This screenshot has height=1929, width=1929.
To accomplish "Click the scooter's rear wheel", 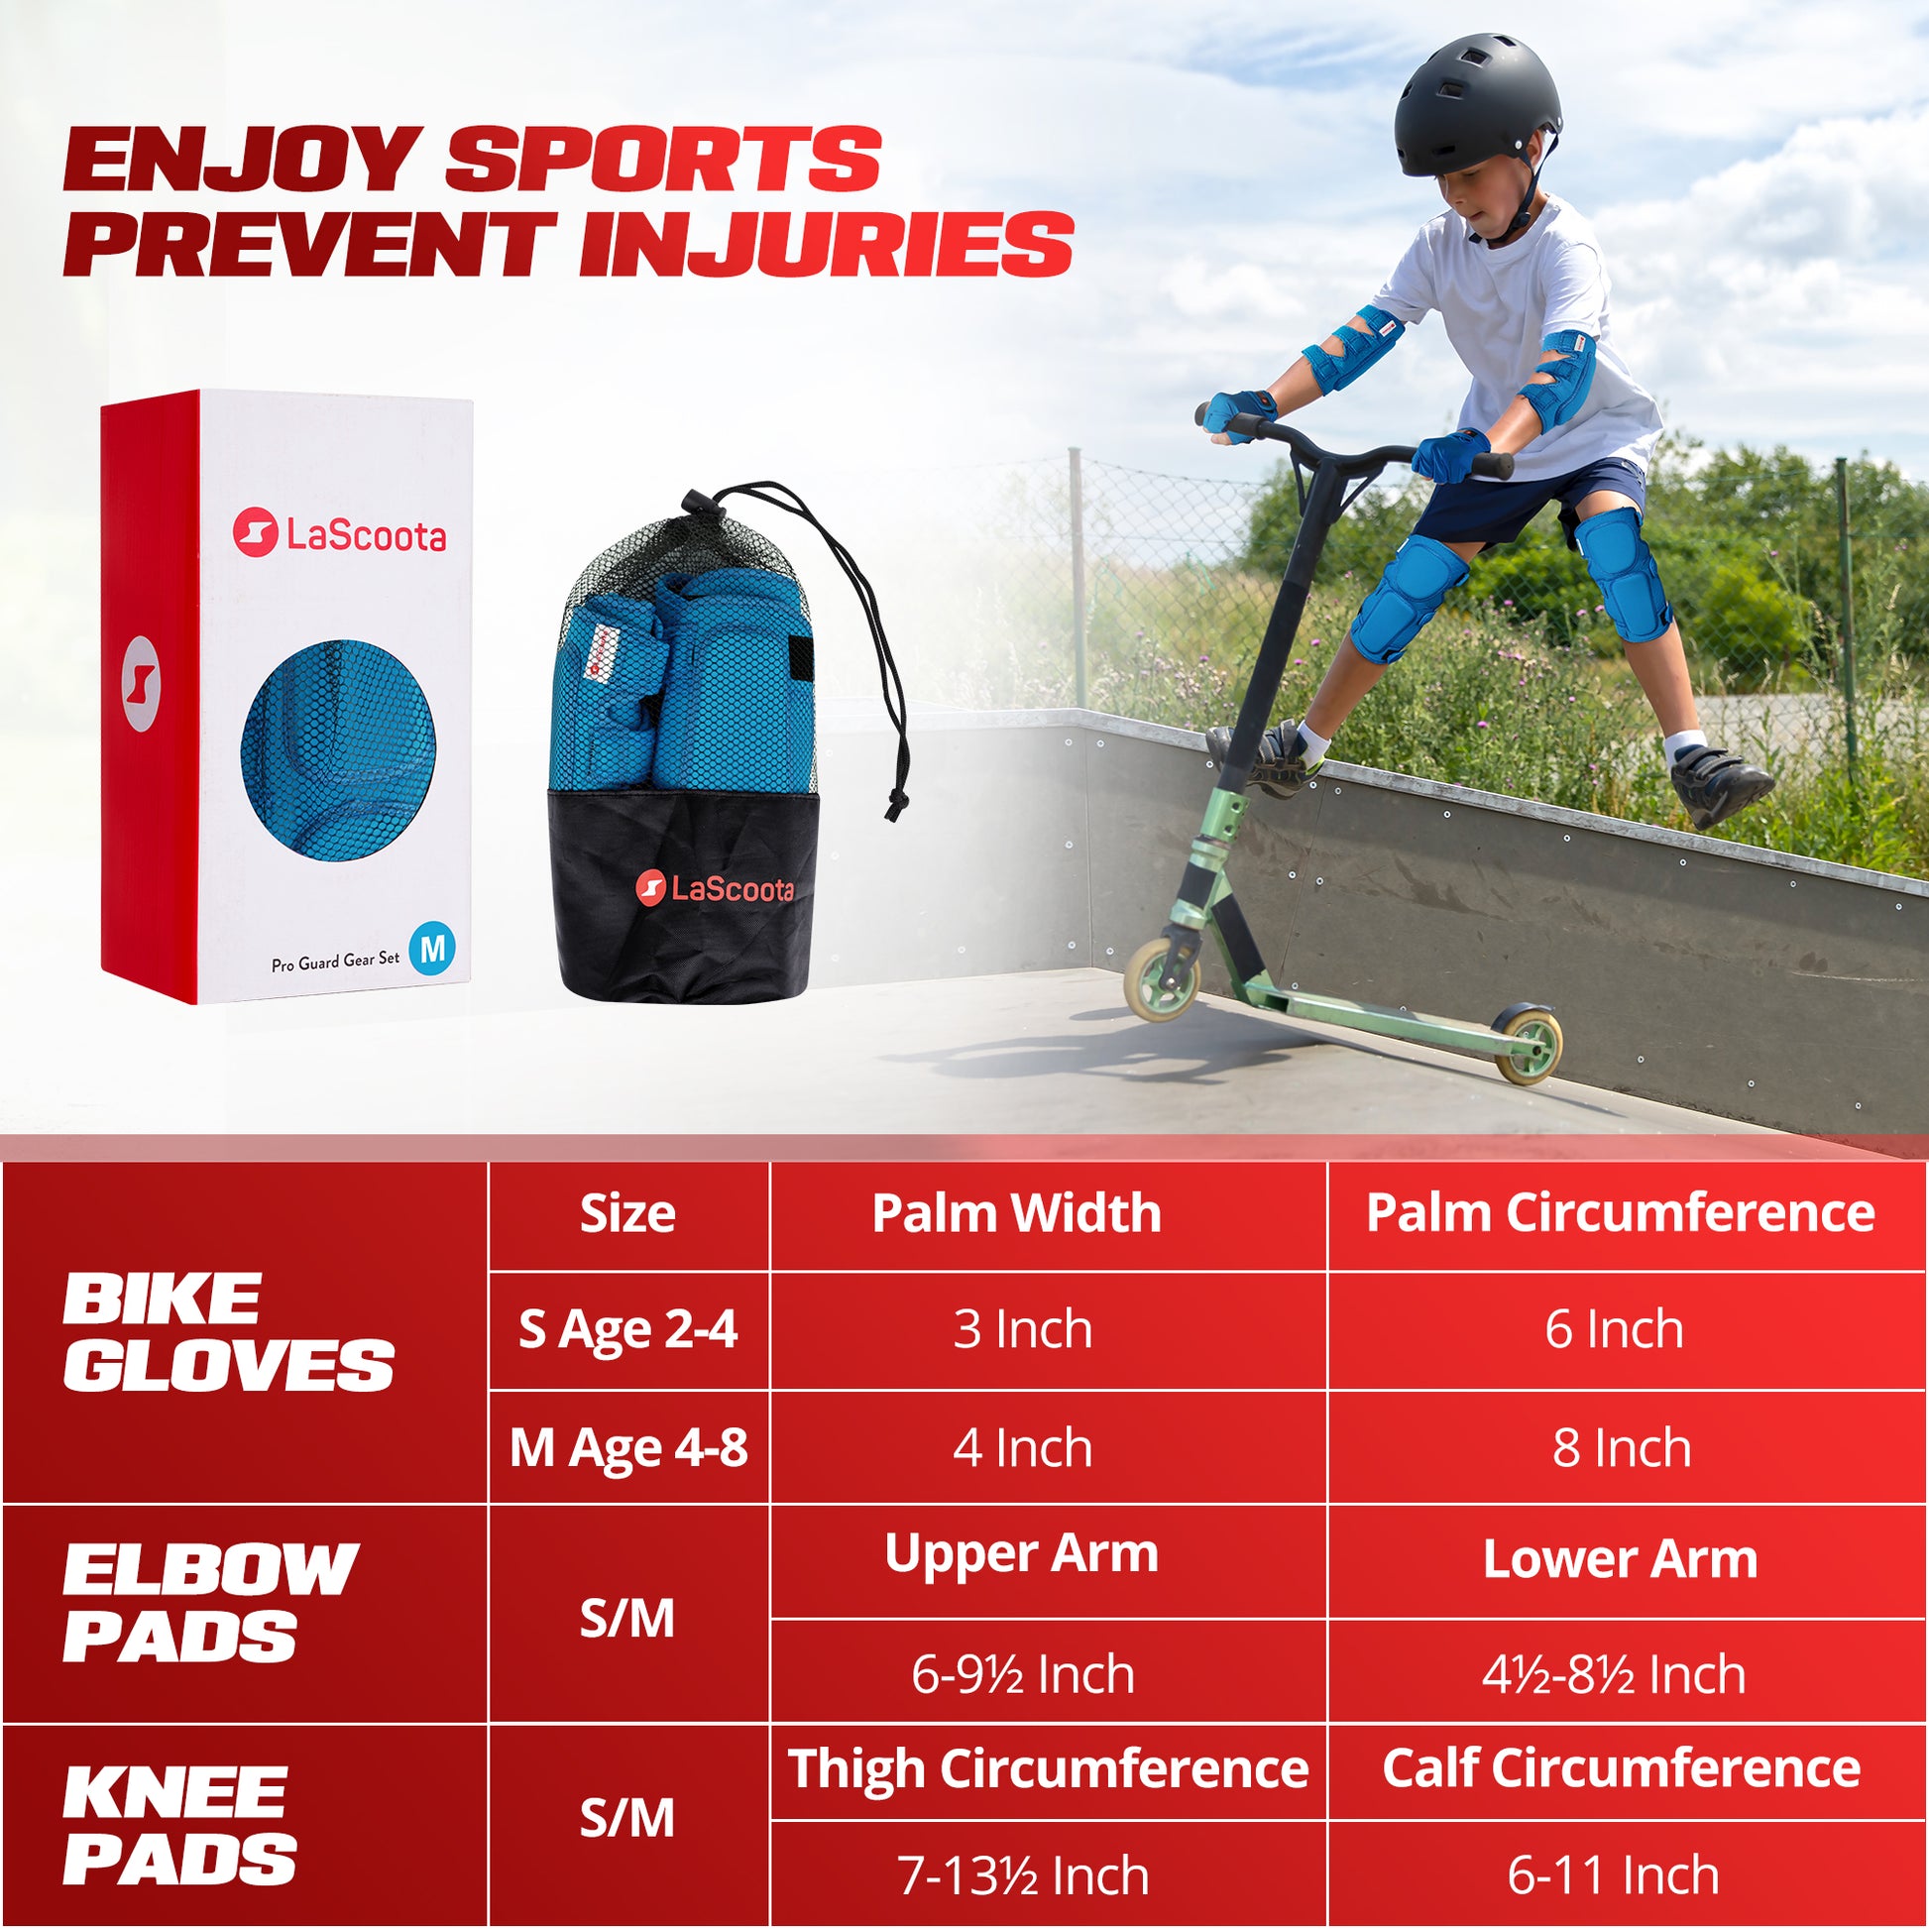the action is click(x=1528, y=1044).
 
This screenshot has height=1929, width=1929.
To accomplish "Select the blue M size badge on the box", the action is click(x=431, y=947).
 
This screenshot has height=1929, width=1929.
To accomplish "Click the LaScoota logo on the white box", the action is click(x=339, y=534).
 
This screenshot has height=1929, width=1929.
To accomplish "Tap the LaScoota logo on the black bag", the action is click(x=715, y=887).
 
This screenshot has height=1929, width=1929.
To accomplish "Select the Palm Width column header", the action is click(x=1016, y=1214).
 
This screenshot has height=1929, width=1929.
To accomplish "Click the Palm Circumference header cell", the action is click(x=1620, y=1214).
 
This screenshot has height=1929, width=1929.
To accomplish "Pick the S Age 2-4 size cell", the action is click(x=628, y=1330).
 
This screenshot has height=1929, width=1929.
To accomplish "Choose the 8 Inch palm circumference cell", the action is click(x=1622, y=1448).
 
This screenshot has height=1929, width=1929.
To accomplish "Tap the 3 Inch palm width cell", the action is click(x=1022, y=1330).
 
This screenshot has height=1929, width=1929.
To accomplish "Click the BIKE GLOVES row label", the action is click(x=229, y=1332).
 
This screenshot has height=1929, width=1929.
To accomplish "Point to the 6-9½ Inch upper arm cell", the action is click(x=1022, y=1674).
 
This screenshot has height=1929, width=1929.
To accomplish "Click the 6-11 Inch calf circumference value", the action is click(x=1614, y=1875).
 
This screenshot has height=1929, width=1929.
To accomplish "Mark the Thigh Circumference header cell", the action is click(x=1049, y=1769).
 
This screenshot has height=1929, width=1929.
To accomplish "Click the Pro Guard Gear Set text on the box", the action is click(x=335, y=961).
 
